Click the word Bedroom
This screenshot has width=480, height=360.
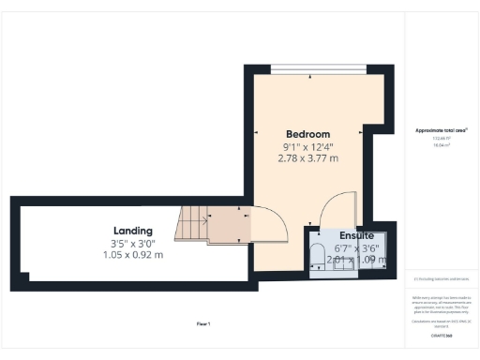(x=307, y=134)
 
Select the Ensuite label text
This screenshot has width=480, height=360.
(x=357, y=234)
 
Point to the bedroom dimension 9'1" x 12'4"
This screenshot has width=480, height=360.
(x=307, y=146)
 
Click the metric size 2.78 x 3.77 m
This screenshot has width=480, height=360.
(x=307, y=158)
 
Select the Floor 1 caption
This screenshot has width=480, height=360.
(x=202, y=323)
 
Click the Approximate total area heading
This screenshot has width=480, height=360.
(x=441, y=129)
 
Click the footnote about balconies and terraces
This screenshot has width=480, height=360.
(x=441, y=278)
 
